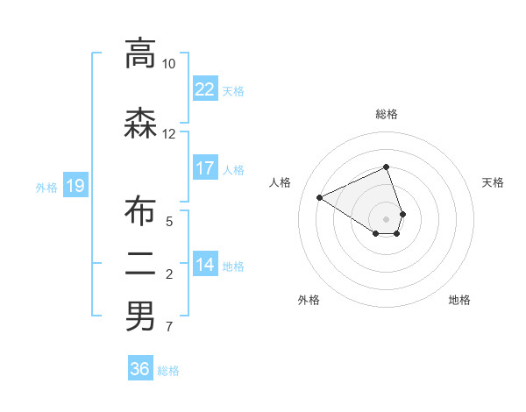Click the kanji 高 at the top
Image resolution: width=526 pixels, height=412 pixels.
coord(139,53)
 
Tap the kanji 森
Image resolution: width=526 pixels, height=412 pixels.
coord(139,124)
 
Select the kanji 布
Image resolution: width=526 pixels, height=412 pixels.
coord(139,211)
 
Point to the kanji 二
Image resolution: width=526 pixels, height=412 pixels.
coord(139,264)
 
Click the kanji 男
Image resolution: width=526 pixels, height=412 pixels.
coord(139,316)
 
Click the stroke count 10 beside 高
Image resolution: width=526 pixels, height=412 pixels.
coord(169,64)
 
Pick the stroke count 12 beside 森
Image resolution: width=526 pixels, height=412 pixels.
coord(169,134)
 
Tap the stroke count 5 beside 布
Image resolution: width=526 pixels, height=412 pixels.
coord(169,222)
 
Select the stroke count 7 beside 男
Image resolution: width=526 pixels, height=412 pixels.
coord(169,328)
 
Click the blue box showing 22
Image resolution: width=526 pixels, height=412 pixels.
coord(204,89)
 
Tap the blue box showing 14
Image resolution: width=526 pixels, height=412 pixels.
coord(204,265)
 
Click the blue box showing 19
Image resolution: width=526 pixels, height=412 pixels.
coord(75,185)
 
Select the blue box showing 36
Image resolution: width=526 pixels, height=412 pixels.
coord(139,369)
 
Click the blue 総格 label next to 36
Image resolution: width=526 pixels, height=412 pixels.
coord(168,371)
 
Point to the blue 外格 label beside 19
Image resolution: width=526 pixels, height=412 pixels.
coord(46,187)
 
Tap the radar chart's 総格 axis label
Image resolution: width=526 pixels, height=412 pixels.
coord(387,114)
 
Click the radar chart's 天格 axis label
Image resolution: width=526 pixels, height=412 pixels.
coord(494,182)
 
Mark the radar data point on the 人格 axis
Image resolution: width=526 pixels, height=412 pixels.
coord(320,198)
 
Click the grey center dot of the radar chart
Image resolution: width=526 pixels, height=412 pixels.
coord(387,219)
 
